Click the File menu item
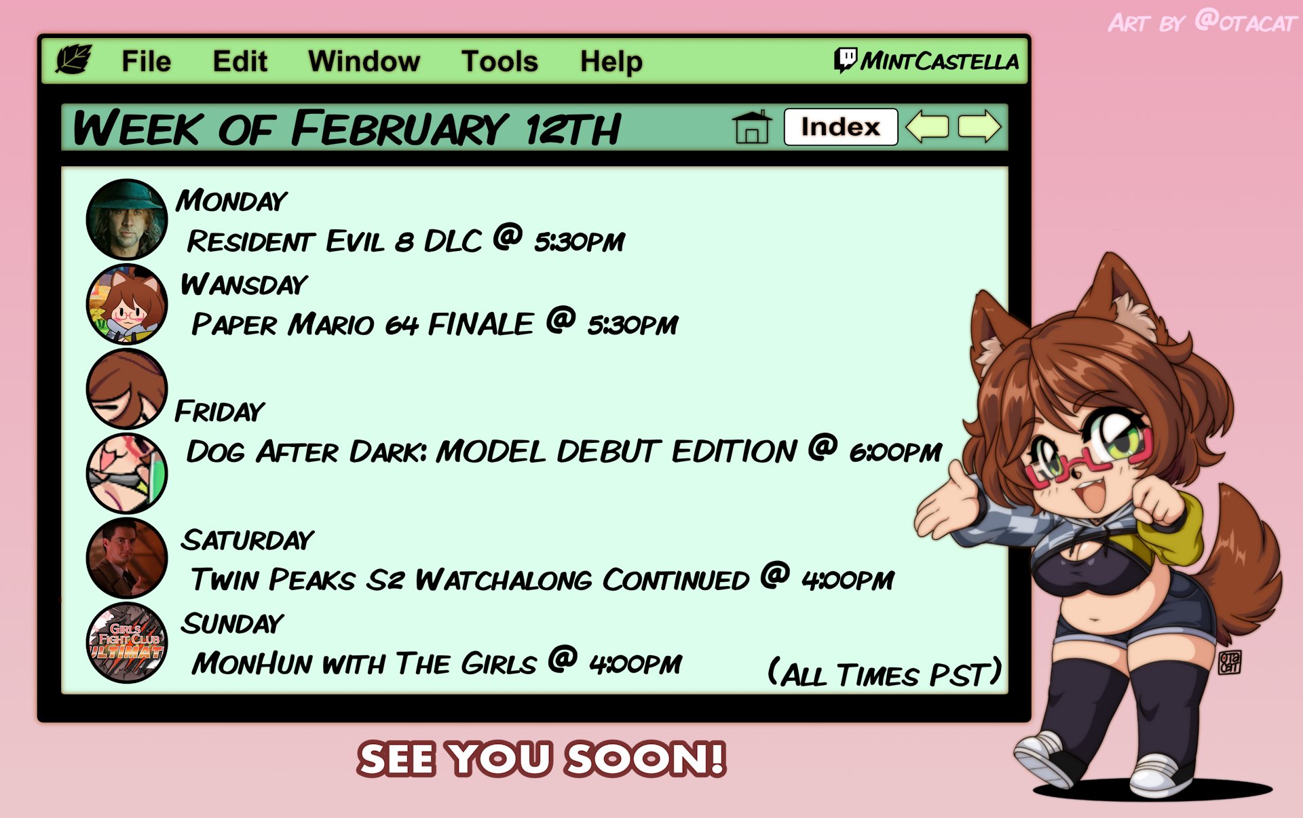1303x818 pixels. tap(146, 61)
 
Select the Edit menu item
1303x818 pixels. tap(240, 61)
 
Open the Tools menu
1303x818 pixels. tap(499, 61)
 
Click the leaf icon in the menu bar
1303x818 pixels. tap(73, 60)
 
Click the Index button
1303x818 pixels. tap(840, 127)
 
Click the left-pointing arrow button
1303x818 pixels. tap(927, 127)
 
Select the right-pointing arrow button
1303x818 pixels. tap(979, 127)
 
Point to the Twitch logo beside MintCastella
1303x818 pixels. tap(846, 60)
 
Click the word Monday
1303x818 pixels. tap(231, 201)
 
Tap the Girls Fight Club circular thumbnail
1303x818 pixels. tap(127, 642)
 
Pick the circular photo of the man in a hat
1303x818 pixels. tap(127, 219)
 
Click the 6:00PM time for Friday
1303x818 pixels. tap(895, 452)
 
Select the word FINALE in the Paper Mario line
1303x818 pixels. tap(480, 324)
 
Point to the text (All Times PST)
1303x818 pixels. tap(884, 674)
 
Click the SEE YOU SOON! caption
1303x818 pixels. tap(542, 758)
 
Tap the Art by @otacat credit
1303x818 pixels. tap(1202, 22)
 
